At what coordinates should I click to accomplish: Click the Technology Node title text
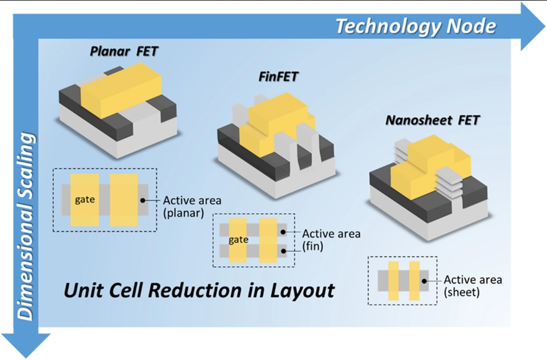coord(415,26)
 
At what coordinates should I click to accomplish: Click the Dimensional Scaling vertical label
coord(26,225)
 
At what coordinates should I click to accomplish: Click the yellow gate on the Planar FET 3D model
coord(121,90)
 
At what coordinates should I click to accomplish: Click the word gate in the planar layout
coord(85,199)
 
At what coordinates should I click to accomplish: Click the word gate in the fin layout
coord(238,240)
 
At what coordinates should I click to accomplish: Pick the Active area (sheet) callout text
coord(472,285)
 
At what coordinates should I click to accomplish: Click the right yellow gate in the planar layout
coord(123,199)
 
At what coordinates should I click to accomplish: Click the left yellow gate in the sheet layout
coord(393,281)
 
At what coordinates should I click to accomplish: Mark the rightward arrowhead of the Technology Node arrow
coord(532,26)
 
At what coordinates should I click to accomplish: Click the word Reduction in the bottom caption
coord(188,290)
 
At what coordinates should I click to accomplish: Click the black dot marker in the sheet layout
coord(425,280)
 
